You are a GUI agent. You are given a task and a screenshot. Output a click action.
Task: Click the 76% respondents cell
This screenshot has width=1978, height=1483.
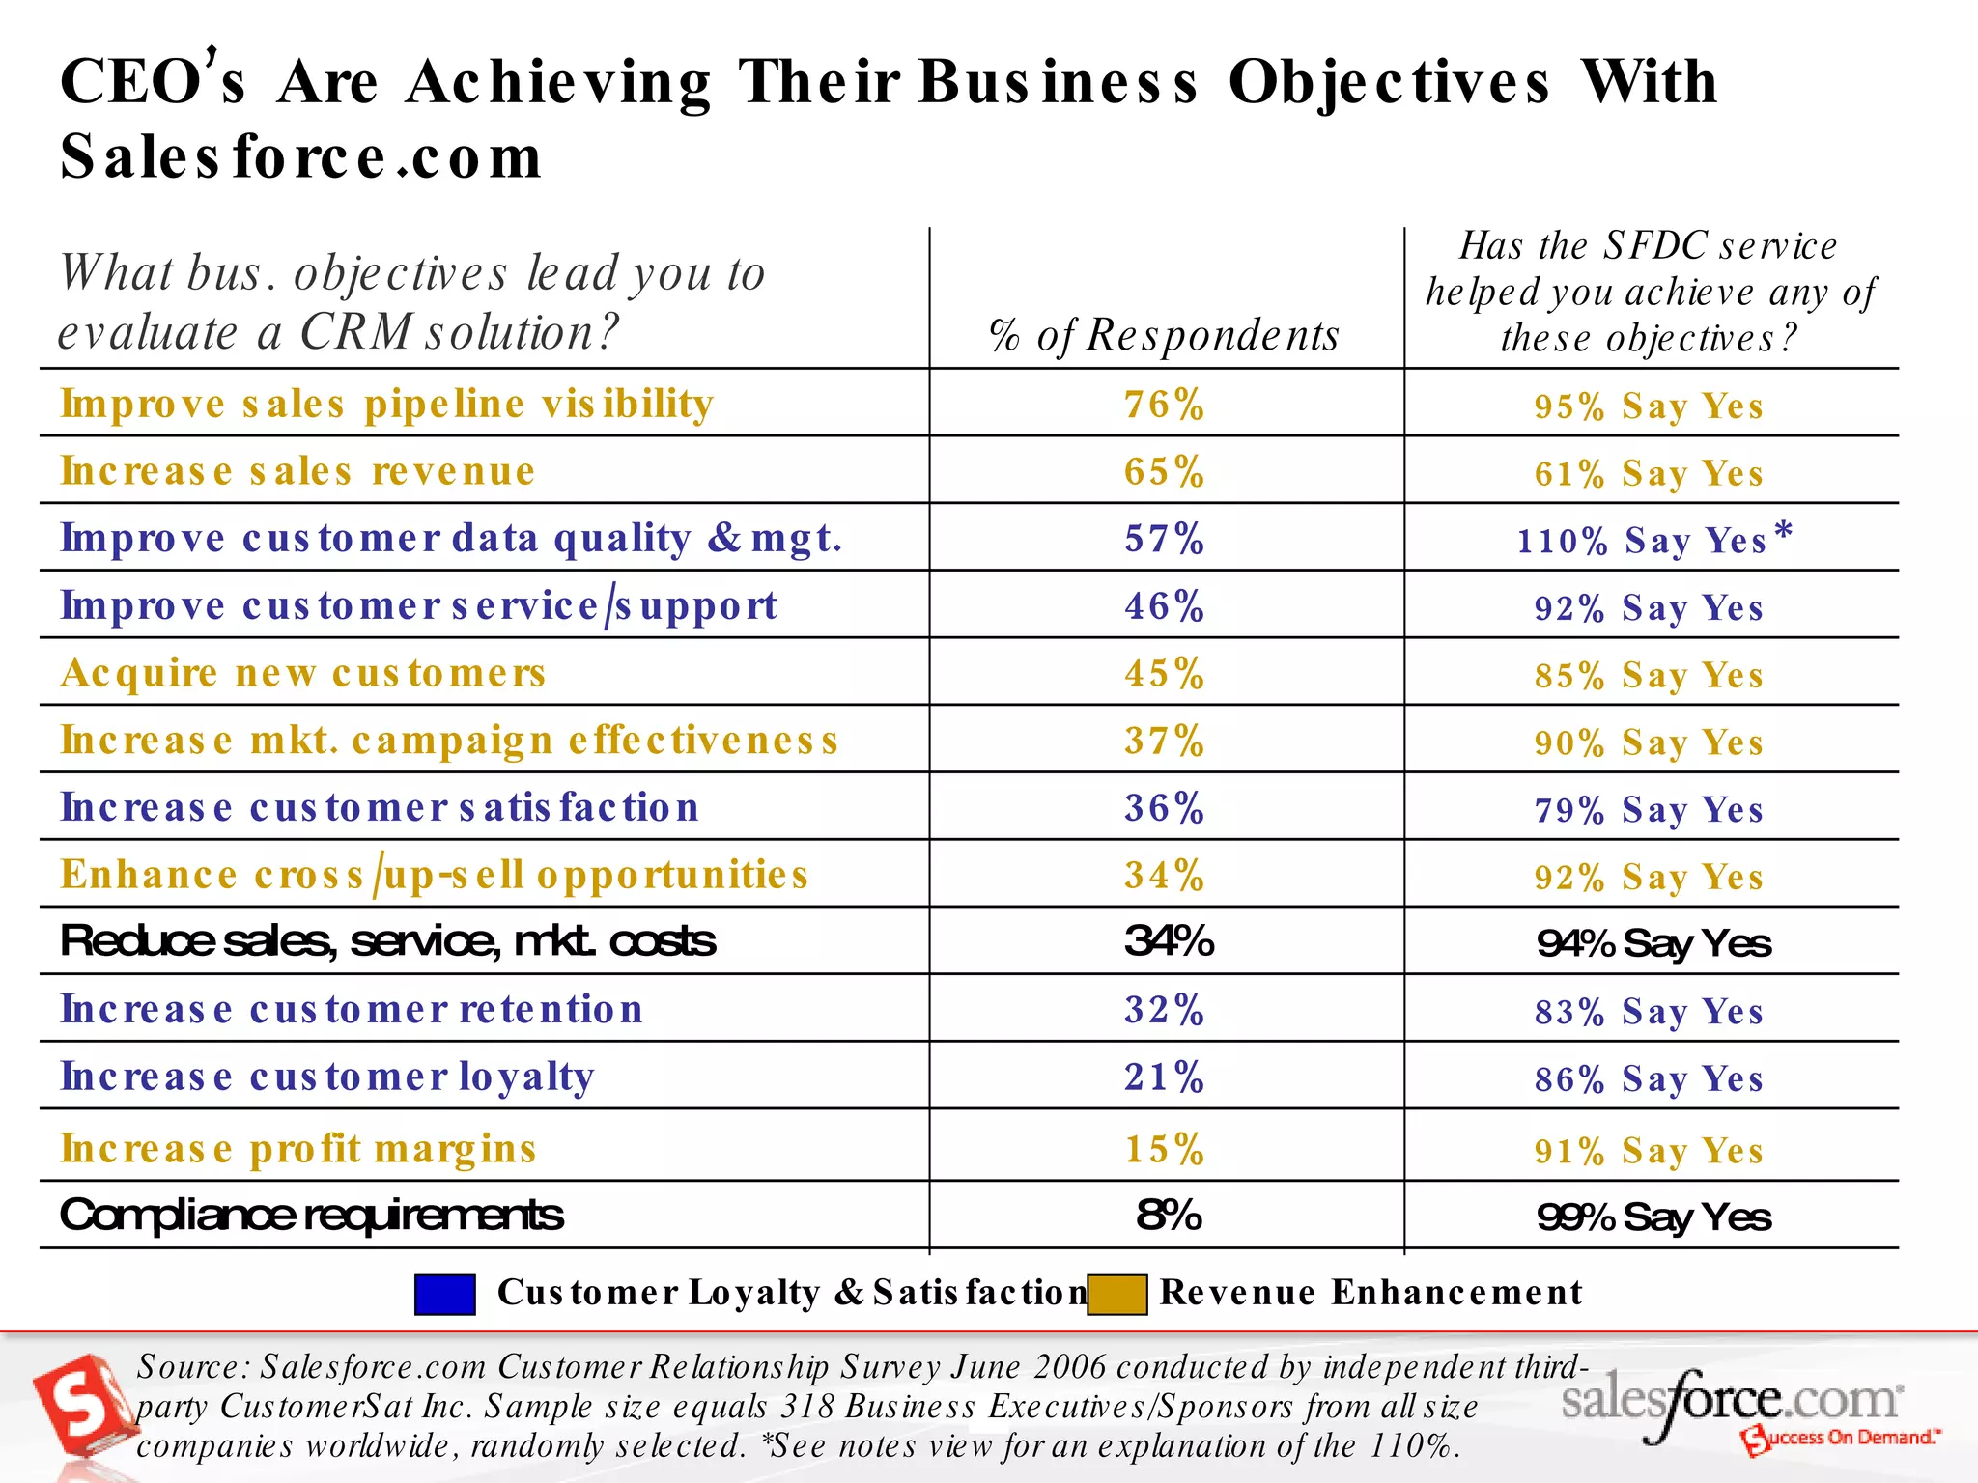[1165, 405]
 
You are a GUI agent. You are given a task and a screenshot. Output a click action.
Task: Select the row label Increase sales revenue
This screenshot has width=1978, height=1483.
[297, 471]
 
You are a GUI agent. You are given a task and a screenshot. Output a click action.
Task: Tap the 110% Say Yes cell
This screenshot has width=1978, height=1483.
[1642, 541]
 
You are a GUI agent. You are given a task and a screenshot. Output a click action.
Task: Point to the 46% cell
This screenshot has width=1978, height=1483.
[1165, 606]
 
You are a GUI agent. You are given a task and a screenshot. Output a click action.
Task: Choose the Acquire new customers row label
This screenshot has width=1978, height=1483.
[303, 673]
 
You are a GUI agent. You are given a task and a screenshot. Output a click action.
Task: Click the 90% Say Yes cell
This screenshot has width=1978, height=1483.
[1649, 742]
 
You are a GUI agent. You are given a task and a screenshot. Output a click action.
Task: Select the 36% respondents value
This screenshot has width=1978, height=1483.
[1165, 808]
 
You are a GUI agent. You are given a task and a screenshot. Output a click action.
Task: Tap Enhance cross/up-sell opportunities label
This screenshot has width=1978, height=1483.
[435, 875]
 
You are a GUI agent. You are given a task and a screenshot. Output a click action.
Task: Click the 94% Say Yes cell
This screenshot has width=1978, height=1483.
[1653, 943]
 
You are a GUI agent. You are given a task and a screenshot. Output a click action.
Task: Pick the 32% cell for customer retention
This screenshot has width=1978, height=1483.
[1165, 1010]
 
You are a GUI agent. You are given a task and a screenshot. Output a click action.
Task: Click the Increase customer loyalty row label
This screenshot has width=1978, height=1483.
[327, 1077]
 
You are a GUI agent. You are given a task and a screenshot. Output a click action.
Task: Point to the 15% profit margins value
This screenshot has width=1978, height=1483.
[1165, 1150]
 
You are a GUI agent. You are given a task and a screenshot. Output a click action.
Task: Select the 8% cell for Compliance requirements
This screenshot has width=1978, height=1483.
[1169, 1216]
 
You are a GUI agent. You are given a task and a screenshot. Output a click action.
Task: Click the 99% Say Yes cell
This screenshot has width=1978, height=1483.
[1653, 1217]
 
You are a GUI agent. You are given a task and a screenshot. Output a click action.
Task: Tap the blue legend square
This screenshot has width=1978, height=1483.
[445, 1295]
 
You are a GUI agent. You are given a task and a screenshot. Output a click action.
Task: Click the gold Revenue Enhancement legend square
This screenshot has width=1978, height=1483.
[1117, 1295]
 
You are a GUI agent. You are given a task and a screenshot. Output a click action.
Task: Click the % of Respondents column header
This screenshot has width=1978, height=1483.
[1165, 335]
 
